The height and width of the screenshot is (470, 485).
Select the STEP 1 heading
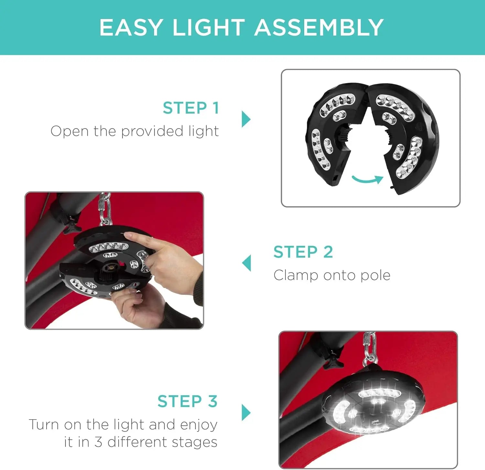pyautogui.click(x=191, y=108)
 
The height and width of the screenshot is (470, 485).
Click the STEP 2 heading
pyautogui.click(x=303, y=252)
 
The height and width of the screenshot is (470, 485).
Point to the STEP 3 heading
pyautogui.click(x=188, y=401)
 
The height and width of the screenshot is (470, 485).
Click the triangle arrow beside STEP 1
pyautogui.click(x=246, y=119)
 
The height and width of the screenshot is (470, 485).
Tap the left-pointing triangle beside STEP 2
pyautogui.click(x=246, y=263)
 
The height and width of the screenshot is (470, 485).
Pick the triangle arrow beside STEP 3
pyautogui.click(x=246, y=412)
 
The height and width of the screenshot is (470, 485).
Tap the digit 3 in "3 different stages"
pyautogui.click(x=99, y=442)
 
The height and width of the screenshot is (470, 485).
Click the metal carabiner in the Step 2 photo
pyautogui.click(x=104, y=208)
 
